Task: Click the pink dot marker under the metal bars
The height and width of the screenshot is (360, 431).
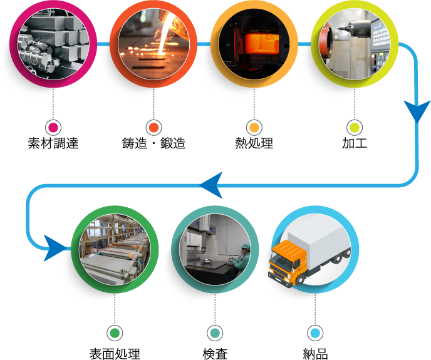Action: [53, 128]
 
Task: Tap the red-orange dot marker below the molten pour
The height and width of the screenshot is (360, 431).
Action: [153, 128]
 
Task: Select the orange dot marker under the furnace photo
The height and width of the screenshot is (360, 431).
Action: [254, 128]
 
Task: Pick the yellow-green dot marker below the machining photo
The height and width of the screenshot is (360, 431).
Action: [355, 128]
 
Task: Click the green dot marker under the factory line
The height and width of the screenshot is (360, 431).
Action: [115, 333]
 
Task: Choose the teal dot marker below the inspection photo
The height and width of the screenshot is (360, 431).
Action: [215, 333]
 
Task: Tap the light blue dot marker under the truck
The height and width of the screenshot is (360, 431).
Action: [315, 333]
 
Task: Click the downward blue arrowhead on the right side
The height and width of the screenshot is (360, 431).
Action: [417, 111]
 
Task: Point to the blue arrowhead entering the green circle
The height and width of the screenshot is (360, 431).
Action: [60, 248]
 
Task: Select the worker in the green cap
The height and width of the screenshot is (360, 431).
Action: [242, 254]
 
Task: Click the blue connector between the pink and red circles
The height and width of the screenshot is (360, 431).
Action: [103, 44]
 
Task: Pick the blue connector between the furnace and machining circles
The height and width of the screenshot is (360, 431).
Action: [304, 44]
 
